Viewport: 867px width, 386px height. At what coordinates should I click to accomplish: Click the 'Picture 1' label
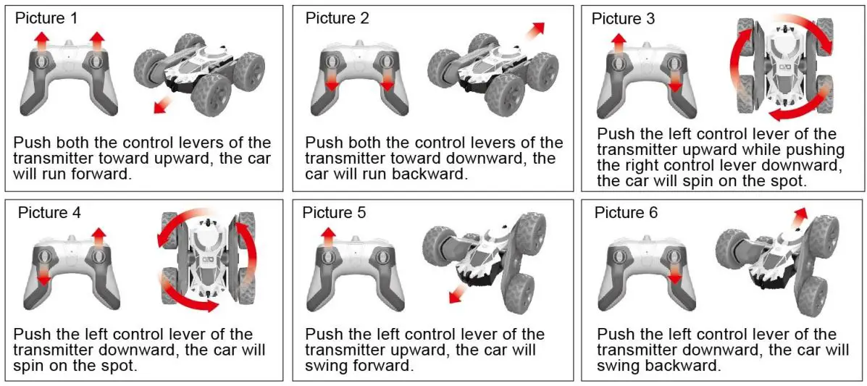point(47,17)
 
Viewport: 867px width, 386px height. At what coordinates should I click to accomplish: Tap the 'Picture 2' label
point(337,18)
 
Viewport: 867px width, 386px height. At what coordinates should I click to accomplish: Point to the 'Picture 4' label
point(50,212)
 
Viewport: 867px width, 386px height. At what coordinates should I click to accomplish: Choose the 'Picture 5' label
point(335,212)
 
